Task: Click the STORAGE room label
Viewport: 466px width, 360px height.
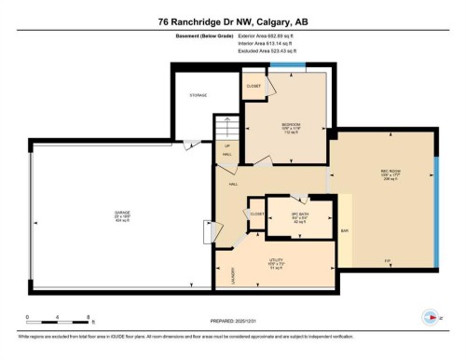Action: tap(198, 94)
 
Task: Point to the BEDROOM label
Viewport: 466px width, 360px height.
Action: tap(291, 124)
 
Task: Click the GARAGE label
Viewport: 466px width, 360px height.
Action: tap(120, 211)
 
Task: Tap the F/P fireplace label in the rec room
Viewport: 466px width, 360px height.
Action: tap(387, 260)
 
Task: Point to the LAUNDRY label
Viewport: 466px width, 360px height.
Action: tap(220, 276)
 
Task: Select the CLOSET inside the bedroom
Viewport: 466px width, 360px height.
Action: tap(254, 87)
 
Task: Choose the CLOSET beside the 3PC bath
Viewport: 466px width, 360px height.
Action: tap(255, 214)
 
